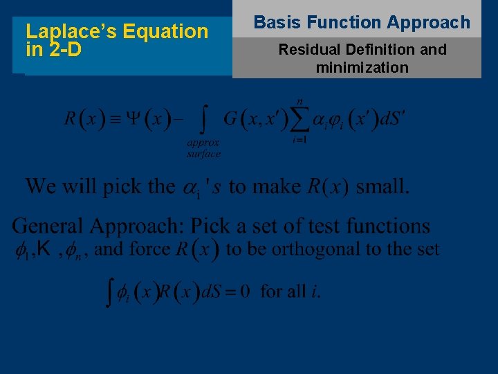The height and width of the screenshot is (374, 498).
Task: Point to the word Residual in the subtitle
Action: [x=308, y=50]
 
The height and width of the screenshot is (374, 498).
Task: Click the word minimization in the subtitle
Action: [x=362, y=68]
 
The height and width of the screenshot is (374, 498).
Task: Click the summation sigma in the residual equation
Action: [x=299, y=119]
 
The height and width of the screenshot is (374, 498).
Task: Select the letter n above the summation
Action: [x=299, y=101]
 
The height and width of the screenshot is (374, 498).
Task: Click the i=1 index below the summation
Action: [x=299, y=140]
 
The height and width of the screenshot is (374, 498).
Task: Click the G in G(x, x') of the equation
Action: [x=230, y=119]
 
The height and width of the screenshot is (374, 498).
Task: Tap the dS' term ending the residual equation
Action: [x=394, y=119]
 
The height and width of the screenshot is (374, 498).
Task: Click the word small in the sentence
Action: [x=382, y=186]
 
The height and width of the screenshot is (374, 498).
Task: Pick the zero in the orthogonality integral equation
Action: [x=244, y=292]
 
